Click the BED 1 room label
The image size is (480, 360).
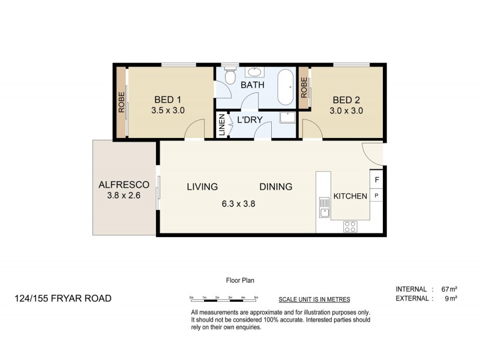pyautogui.click(x=168, y=100)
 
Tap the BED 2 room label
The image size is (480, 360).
pyautogui.click(x=346, y=100)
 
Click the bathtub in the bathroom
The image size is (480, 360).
pyautogui.click(x=286, y=88)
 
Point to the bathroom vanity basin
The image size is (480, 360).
pyautogui.click(x=254, y=72)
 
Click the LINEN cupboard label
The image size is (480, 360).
pyautogui.click(x=221, y=125)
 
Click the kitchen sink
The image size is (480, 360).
pyautogui.click(x=324, y=211)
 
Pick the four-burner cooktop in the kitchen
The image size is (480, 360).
pyautogui.click(x=350, y=227)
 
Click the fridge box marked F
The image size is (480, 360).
pyautogui.click(x=377, y=179)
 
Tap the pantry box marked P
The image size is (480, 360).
pyautogui.click(x=377, y=195)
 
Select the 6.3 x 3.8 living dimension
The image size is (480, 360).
pyautogui.click(x=238, y=203)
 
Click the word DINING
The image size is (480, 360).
pyautogui.click(x=276, y=187)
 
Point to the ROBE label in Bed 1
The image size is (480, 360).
pyautogui.click(x=121, y=102)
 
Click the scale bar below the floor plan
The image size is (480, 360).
pyautogui.click(x=223, y=299)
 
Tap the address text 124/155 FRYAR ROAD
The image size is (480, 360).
pyautogui.click(x=64, y=298)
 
